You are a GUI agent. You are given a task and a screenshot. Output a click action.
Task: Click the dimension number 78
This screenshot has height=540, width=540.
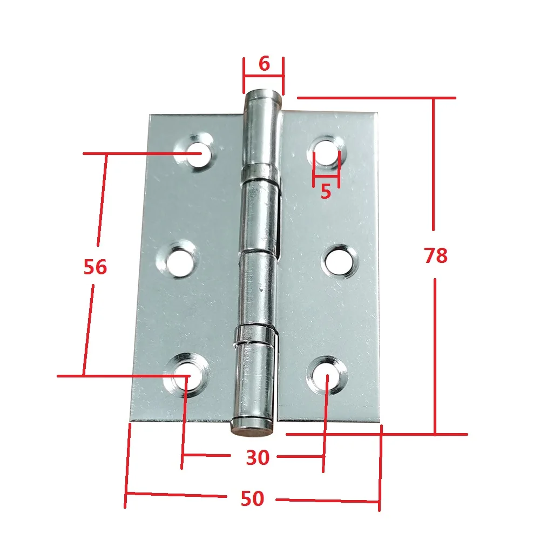tap(436, 255)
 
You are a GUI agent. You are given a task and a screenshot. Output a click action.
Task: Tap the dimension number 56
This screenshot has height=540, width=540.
tap(96, 267)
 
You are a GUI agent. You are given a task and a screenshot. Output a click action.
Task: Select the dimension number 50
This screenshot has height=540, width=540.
tap(252, 499)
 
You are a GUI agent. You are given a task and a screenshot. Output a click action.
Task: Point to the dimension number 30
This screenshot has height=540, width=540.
tap(258, 458)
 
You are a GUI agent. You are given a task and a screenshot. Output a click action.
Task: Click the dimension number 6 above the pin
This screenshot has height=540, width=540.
tap(264, 64)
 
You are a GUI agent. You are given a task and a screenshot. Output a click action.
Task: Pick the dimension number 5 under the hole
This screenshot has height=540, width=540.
tap(326, 191)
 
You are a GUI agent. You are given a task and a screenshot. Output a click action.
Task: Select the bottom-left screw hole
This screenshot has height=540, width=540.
tap(187, 374)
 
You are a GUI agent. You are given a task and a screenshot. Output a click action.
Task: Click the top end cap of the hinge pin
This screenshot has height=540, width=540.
tap(263, 97)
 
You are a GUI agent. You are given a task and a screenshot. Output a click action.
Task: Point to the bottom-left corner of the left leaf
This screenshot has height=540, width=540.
tap(130, 421)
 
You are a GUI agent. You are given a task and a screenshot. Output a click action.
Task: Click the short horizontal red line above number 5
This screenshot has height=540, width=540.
tap(326, 176)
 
